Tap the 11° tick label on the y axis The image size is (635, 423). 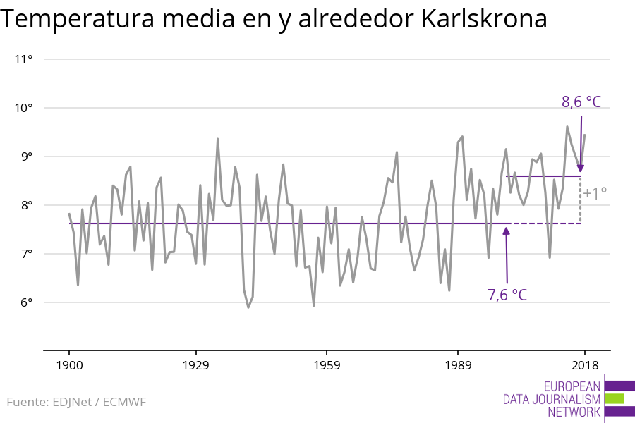pos(24,59)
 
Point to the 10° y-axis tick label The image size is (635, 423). pos(24,108)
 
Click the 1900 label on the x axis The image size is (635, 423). pos(69,365)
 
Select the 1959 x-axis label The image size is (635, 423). pos(327,365)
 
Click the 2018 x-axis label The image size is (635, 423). pos(584,365)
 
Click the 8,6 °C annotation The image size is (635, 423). pos(581,102)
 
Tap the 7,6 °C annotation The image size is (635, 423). pos(507,295)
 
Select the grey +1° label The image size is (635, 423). pos(595,193)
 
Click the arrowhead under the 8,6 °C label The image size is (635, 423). pos(581,168)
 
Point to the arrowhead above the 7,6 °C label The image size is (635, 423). pos(507,233)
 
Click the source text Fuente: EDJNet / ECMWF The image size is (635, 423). pos(76,403)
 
